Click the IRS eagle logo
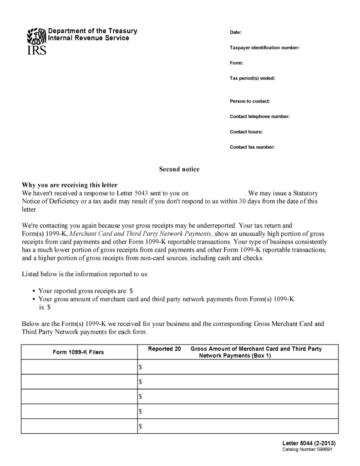(x=36, y=35)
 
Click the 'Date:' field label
(x=235, y=33)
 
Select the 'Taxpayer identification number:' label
(x=264, y=48)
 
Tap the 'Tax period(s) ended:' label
(x=252, y=78)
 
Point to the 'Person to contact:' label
(x=250, y=101)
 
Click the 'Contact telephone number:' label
(x=259, y=116)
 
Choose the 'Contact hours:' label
(x=246, y=132)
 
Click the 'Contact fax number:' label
(x=252, y=147)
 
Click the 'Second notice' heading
(x=179, y=169)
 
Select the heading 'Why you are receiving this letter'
(x=70, y=185)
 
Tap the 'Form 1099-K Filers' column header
(x=78, y=352)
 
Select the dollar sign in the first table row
(x=141, y=367)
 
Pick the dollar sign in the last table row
(x=141, y=426)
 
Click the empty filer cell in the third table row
(x=79, y=396)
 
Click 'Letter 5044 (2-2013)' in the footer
(x=309, y=443)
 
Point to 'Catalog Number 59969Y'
(x=308, y=450)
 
